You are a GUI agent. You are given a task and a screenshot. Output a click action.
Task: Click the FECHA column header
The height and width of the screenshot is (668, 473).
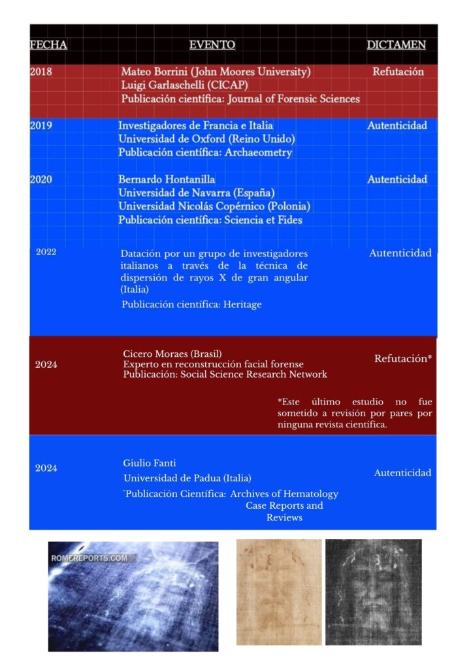(48, 45)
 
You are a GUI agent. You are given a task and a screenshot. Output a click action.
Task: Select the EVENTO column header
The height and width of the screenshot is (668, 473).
(212, 45)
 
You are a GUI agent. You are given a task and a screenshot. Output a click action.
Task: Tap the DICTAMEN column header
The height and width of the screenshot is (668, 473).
(396, 45)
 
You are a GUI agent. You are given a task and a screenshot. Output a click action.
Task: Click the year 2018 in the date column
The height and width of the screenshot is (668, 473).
(41, 72)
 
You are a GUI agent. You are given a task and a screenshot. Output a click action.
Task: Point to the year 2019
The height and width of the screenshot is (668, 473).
(41, 125)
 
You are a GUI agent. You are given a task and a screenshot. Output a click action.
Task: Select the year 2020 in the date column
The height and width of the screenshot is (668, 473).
(41, 179)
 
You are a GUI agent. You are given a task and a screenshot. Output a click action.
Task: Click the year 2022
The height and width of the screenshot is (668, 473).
(46, 252)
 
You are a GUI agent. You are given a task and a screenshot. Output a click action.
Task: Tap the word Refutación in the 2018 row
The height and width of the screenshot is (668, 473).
(398, 72)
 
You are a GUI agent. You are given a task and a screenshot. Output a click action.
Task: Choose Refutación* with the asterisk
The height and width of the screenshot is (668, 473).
(403, 358)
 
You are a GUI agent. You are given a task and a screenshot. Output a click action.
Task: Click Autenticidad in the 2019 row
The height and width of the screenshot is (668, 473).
(397, 125)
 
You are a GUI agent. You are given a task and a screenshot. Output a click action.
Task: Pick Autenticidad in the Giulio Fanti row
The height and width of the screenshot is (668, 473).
(402, 473)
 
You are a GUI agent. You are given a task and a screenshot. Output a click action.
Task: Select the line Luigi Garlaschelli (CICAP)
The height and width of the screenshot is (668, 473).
(184, 85)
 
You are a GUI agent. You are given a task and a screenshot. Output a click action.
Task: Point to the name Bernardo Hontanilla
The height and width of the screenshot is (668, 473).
(167, 179)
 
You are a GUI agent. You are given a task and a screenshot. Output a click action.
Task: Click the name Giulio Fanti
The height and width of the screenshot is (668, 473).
(145, 463)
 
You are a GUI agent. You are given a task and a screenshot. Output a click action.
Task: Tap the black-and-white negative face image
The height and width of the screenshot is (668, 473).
(373, 592)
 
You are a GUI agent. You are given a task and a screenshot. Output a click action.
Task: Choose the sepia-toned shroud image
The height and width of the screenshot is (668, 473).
(279, 592)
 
